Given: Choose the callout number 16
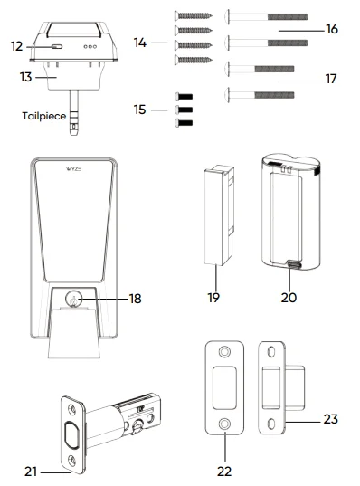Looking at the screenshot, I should click(x=331, y=30).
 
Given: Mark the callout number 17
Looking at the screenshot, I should click(x=331, y=79).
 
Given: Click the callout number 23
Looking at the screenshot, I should click(x=331, y=419).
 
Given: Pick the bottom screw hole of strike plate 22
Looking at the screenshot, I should click(x=223, y=423).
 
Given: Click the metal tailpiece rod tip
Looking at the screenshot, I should click(x=73, y=136).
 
